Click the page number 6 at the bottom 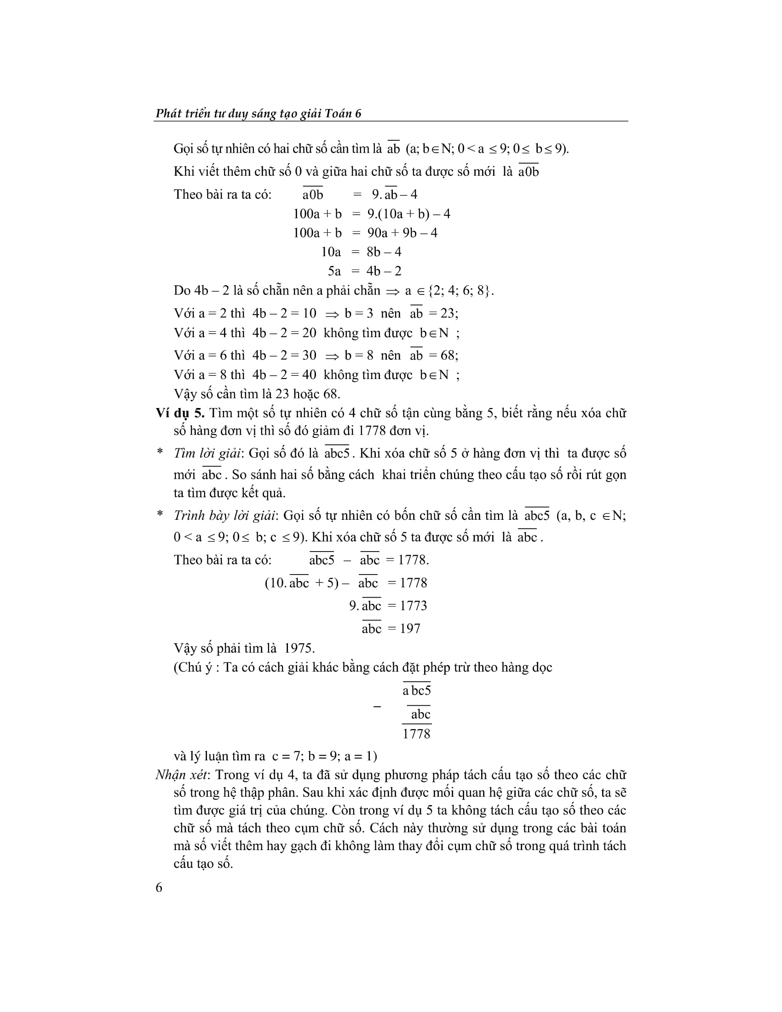[159, 887]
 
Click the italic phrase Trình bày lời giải [224, 515]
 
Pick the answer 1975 [299, 648]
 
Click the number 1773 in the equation [414, 606]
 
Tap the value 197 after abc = [410, 629]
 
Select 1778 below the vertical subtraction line [416, 734]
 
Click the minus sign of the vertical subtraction [377, 707]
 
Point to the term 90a [378, 233]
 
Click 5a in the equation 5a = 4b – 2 [334, 271]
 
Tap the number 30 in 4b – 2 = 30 [309, 356]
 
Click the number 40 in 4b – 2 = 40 [309, 375]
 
